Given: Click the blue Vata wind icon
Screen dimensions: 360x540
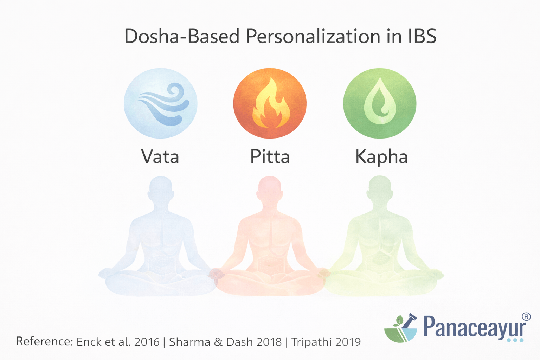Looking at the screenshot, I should point(160,104).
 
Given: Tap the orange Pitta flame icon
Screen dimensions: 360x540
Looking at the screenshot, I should point(270,104).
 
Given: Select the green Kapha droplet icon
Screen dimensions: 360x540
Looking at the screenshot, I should point(380,104).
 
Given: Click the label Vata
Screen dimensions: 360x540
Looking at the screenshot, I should point(160,157).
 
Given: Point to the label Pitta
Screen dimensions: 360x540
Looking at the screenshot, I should point(270,157).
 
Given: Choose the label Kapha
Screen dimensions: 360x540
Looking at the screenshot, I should point(381,157).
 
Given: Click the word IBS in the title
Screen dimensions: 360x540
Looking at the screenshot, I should point(422,36).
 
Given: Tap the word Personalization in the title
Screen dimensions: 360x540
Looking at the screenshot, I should point(313,36).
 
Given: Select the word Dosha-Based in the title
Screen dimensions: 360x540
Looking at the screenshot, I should point(182,36).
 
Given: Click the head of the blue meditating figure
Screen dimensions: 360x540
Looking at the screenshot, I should point(161,190).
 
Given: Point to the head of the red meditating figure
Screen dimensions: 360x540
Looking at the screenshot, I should point(270,190).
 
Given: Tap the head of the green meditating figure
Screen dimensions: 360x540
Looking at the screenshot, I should point(380,190).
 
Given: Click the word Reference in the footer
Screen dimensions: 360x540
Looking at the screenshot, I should point(44,341).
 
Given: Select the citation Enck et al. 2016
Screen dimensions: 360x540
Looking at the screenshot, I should point(118,342).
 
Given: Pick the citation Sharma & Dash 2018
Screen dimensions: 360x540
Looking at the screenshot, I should point(225,342).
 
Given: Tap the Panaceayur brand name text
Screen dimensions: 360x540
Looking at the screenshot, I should point(475,327).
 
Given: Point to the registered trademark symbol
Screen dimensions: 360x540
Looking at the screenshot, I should point(526,316).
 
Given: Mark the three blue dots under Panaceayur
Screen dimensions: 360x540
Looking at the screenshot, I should point(515,340).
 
